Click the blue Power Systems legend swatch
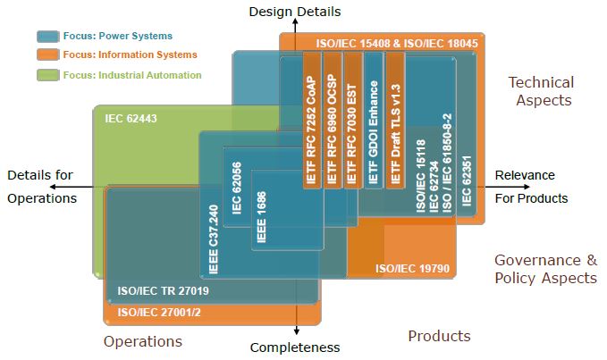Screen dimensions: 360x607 click(x=47, y=37)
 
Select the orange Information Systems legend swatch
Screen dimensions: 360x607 click(x=47, y=55)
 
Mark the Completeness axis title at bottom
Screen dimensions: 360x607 click(x=295, y=347)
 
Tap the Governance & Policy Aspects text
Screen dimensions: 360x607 click(x=545, y=269)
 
